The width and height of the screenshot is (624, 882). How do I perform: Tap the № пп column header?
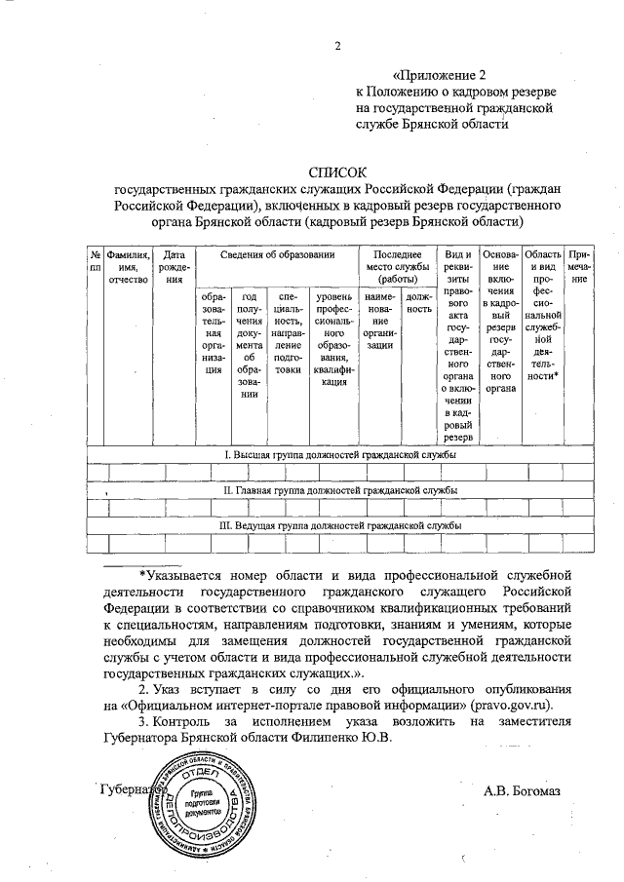tap(96, 260)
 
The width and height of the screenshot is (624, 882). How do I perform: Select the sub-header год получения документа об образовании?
tap(249, 344)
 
